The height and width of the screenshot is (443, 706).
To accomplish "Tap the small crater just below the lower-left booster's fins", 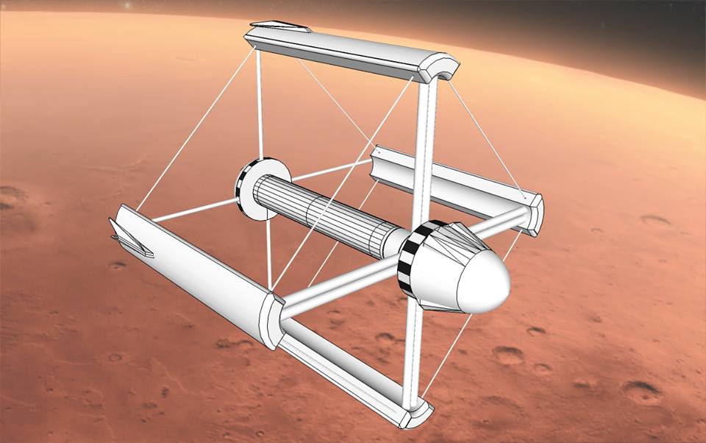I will click(x=117, y=266).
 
